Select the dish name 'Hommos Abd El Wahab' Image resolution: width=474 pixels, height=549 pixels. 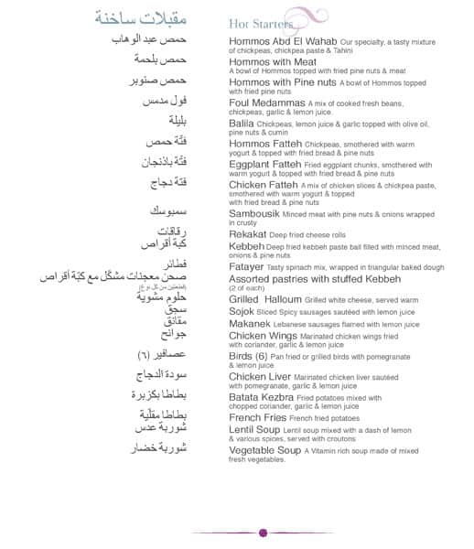point(282,42)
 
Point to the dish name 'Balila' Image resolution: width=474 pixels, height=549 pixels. point(242,122)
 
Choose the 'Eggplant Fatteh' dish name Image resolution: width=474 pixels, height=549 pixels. point(269,164)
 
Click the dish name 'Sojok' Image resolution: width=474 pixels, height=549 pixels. point(242,312)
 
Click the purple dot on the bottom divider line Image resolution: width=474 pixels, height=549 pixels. point(264,533)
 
